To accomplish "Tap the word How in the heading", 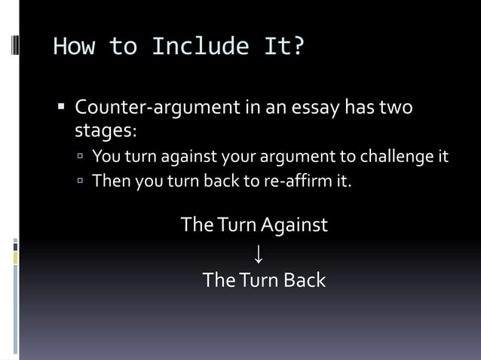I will click(74, 47).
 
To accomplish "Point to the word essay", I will click(309, 108).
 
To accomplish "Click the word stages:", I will click(106, 130).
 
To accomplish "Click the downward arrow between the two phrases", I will click(259, 253).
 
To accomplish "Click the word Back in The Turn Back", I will click(305, 280).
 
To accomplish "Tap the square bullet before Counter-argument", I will click(63, 106).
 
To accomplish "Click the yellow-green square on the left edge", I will click(15, 258).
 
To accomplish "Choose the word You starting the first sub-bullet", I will click(105, 157).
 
